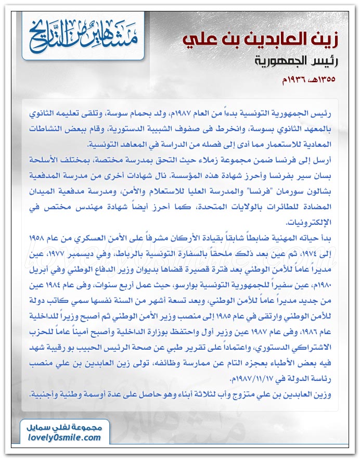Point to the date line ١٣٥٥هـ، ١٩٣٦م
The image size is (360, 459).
[304, 80]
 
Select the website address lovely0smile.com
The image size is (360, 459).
[64, 438]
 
